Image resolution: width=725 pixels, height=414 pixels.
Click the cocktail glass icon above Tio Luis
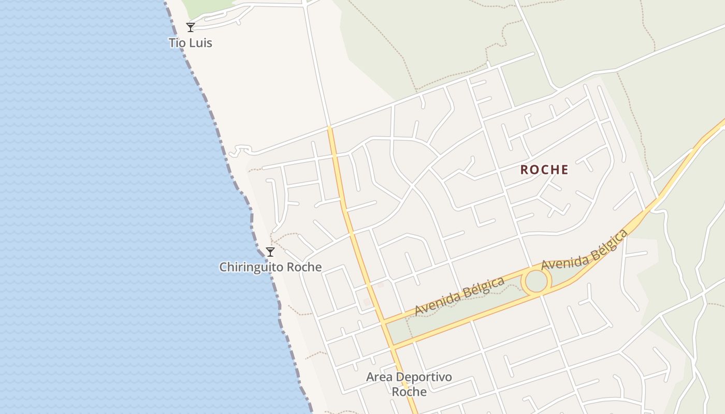tap(191, 27)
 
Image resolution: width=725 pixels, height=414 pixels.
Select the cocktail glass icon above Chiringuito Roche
tap(270, 252)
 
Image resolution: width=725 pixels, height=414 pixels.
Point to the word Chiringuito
tap(251, 267)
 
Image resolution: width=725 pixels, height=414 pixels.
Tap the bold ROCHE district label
tap(544, 170)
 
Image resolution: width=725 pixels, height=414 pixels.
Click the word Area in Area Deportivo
tap(378, 377)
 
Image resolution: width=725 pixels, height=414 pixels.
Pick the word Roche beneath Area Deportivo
tap(409, 392)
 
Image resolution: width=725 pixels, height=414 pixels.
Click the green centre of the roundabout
tap(536, 281)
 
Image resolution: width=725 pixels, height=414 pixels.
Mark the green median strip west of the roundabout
tap(456, 316)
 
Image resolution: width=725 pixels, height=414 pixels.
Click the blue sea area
tap(104, 207)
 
